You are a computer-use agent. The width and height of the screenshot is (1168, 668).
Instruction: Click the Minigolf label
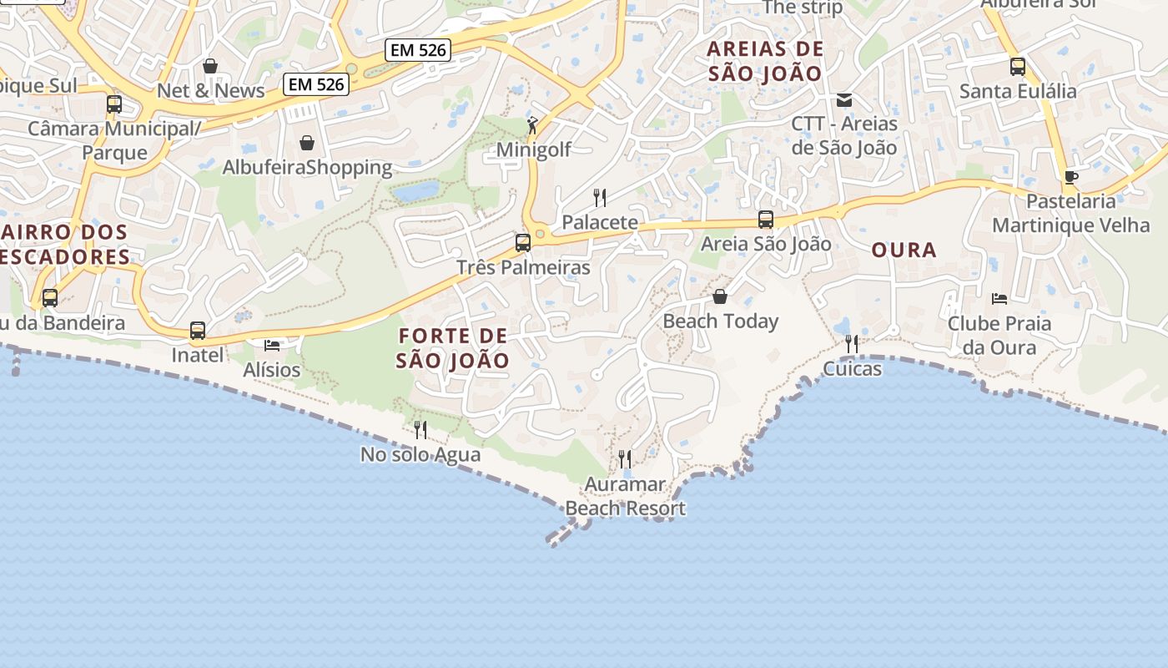[533, 149]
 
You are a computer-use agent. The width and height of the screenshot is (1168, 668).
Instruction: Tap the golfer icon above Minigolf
[532, 125]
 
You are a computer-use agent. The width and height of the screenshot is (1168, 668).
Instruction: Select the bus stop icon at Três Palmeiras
[523, 243]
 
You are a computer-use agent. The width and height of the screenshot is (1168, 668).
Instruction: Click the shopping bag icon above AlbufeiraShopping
[307, 143]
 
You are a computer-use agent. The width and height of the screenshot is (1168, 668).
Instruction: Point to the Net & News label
[210, 90]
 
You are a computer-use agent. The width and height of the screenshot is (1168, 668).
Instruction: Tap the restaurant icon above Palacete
[599, 198]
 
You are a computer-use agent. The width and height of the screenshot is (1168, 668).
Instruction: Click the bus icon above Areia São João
[766, 220]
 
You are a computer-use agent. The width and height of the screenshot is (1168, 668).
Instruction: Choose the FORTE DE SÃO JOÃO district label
[453, 348]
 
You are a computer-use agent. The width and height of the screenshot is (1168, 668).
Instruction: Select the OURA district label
[904, 250]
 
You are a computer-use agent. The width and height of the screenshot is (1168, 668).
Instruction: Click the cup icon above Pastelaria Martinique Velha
[1071, 177]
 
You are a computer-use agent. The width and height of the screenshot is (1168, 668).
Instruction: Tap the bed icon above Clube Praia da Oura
[999, 298]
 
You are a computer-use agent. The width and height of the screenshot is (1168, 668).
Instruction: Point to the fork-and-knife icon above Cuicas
[852, 344]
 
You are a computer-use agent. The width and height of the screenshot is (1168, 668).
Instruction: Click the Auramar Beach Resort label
[625, 496]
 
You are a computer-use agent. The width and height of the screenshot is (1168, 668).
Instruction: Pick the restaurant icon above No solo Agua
[420, 430]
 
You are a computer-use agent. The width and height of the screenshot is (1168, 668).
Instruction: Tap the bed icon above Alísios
[272, 345]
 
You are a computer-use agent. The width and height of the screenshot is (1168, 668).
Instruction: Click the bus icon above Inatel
[198, 331]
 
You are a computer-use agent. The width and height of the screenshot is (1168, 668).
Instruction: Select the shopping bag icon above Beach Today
[720, 296]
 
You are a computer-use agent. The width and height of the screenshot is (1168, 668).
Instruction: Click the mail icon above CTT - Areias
[844, 100]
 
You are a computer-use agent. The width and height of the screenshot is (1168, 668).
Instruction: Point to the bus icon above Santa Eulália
[1018, 67]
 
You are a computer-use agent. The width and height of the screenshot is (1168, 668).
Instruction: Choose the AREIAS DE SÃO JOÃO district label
[765, 61]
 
